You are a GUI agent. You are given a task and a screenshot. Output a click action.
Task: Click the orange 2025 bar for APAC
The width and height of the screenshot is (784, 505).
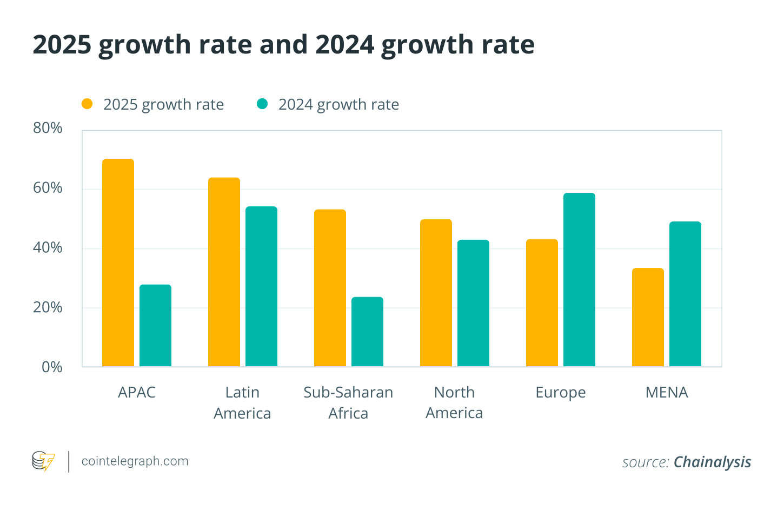tap(118, 263)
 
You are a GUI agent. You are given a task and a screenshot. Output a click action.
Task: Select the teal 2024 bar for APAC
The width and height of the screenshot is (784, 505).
tap(155, 326)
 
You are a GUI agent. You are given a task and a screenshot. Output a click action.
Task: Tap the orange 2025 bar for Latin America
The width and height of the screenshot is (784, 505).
tap(224, 272)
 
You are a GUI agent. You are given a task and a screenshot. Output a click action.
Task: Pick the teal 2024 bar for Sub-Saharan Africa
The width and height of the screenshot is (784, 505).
tap(367, 332)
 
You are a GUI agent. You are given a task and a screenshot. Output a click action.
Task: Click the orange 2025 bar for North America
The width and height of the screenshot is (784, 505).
tap(436, 293)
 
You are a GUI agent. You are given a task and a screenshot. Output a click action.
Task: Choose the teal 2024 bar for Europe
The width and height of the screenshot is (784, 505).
tap(579, 280)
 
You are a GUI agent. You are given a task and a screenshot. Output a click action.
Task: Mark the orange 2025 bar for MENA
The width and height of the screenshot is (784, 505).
tap(648, 318)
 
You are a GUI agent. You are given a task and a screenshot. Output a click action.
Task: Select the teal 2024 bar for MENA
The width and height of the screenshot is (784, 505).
tap(685, 294)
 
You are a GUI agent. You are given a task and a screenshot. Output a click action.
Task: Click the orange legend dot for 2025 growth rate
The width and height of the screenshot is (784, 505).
tap(87, 104)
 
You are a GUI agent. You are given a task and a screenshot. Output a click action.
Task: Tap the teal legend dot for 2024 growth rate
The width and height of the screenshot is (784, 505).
tap(262, 104)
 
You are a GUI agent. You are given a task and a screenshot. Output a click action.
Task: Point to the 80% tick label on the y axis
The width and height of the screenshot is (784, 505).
tap(48, 128)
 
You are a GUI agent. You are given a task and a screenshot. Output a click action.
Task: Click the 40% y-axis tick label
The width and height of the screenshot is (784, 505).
tap(48, 248)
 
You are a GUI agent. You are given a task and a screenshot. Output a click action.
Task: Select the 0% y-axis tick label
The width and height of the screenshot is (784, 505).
tap(52, 367)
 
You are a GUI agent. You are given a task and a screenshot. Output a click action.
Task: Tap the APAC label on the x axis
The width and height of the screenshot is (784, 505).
tap(136, 392)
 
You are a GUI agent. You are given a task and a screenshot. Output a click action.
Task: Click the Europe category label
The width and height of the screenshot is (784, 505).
tap(560, 393)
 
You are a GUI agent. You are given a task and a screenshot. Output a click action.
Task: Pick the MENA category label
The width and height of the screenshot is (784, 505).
tap(666, 392)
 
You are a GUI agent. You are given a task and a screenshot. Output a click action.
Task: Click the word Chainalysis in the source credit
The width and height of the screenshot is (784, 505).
tap(712, 462)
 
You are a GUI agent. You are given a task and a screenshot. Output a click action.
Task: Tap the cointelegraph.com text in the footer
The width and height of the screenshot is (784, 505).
tap(135, 461)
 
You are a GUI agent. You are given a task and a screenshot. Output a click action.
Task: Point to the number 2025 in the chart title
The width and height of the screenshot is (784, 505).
tap(62, 45)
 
